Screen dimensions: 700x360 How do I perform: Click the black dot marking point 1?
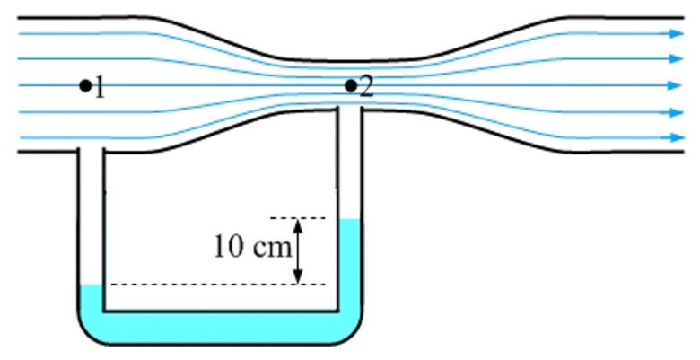click(85, 85)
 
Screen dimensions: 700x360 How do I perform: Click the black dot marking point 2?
click(351, 85)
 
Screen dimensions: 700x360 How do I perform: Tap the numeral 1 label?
click(100, 87)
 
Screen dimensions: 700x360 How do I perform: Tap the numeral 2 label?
click(366, 87)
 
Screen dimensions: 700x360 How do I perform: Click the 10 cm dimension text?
click(252, 247)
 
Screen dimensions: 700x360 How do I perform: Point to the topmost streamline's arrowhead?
click(677, 33)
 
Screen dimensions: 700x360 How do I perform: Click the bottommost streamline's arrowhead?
click(677, 137)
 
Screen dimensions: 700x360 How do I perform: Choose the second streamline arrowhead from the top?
click(677, 58)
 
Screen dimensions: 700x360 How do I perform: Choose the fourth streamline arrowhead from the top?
click(677, 112)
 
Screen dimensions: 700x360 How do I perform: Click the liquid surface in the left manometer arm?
click(92, 285)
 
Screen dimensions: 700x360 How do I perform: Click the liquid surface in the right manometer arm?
click(349, 219)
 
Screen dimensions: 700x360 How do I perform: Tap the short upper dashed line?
click(298, 218)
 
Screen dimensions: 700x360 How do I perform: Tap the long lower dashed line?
click(218, 284)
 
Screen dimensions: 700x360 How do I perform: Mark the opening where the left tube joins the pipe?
click(91, 151)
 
